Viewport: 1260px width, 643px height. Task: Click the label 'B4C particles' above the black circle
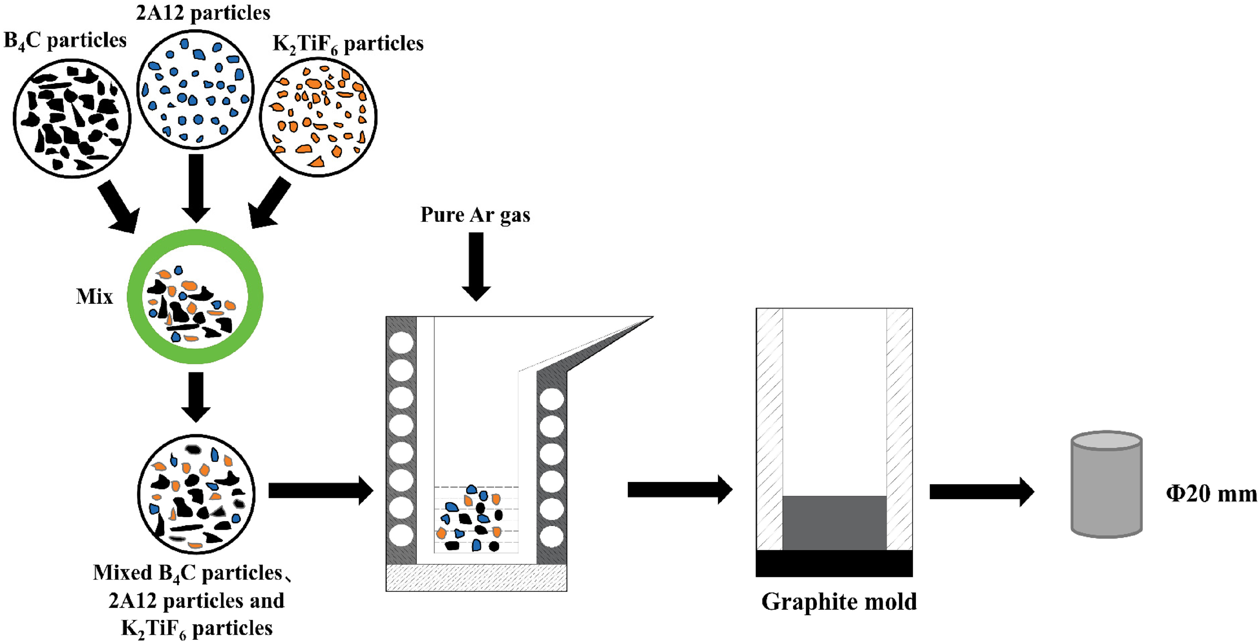(65, 40)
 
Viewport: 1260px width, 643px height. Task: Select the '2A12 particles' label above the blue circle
(203, 13)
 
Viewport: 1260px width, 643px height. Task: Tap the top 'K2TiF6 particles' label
(348, 44)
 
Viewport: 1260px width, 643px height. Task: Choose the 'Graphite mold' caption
(839, 602)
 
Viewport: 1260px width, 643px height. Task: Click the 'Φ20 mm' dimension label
(1211, 493)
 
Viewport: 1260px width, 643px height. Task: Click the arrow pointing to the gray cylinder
(982, 492)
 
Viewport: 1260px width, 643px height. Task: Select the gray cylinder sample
(1106, 484)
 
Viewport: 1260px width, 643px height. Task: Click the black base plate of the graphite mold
(834, 563)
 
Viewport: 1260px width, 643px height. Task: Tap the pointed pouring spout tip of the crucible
(653, 317)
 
